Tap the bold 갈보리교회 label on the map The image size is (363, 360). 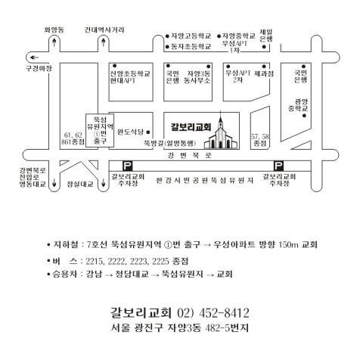191,127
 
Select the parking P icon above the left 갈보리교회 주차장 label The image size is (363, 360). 128,166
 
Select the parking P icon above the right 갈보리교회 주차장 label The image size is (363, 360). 278,166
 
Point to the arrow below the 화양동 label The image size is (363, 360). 54,42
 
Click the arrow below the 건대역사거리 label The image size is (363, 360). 103,42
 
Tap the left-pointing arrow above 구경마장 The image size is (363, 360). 34,57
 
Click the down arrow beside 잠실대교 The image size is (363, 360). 103,182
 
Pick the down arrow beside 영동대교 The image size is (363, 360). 54,182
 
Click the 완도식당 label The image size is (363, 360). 130,132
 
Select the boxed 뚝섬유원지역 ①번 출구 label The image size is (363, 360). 100,130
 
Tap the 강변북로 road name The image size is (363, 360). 190,156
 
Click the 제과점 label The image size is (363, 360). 264,74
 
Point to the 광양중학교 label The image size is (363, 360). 299,105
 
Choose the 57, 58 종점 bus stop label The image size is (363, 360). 260,140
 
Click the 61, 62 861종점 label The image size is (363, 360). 73,138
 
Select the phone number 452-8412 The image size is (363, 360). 224,313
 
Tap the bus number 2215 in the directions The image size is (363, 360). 95,261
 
